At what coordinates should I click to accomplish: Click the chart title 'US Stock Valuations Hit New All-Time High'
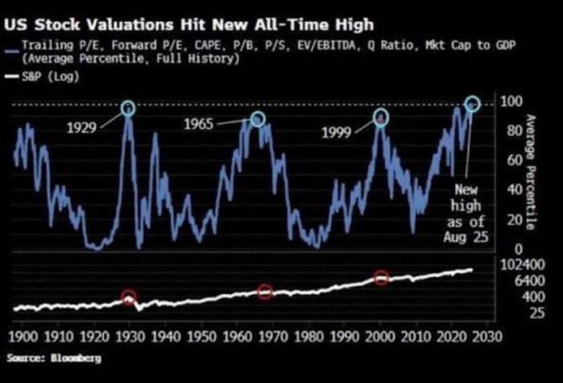pos(190,25)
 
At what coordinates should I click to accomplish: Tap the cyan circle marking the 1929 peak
pos(128,108)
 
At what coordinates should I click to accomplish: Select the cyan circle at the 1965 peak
pos(258,119)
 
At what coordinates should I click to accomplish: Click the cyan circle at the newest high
pos(472,103)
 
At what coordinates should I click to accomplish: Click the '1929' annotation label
pos(81,128)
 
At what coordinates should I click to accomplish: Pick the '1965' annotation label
pos(198,124)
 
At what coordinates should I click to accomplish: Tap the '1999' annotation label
pos(337,133)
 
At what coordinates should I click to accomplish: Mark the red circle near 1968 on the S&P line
pos(265,292)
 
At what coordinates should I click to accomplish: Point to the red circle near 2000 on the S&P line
pos(382,278)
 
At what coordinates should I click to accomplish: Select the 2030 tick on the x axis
pos(487,337)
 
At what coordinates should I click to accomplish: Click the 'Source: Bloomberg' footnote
pos(54,358)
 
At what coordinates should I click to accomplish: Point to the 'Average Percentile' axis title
pos(531,172)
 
